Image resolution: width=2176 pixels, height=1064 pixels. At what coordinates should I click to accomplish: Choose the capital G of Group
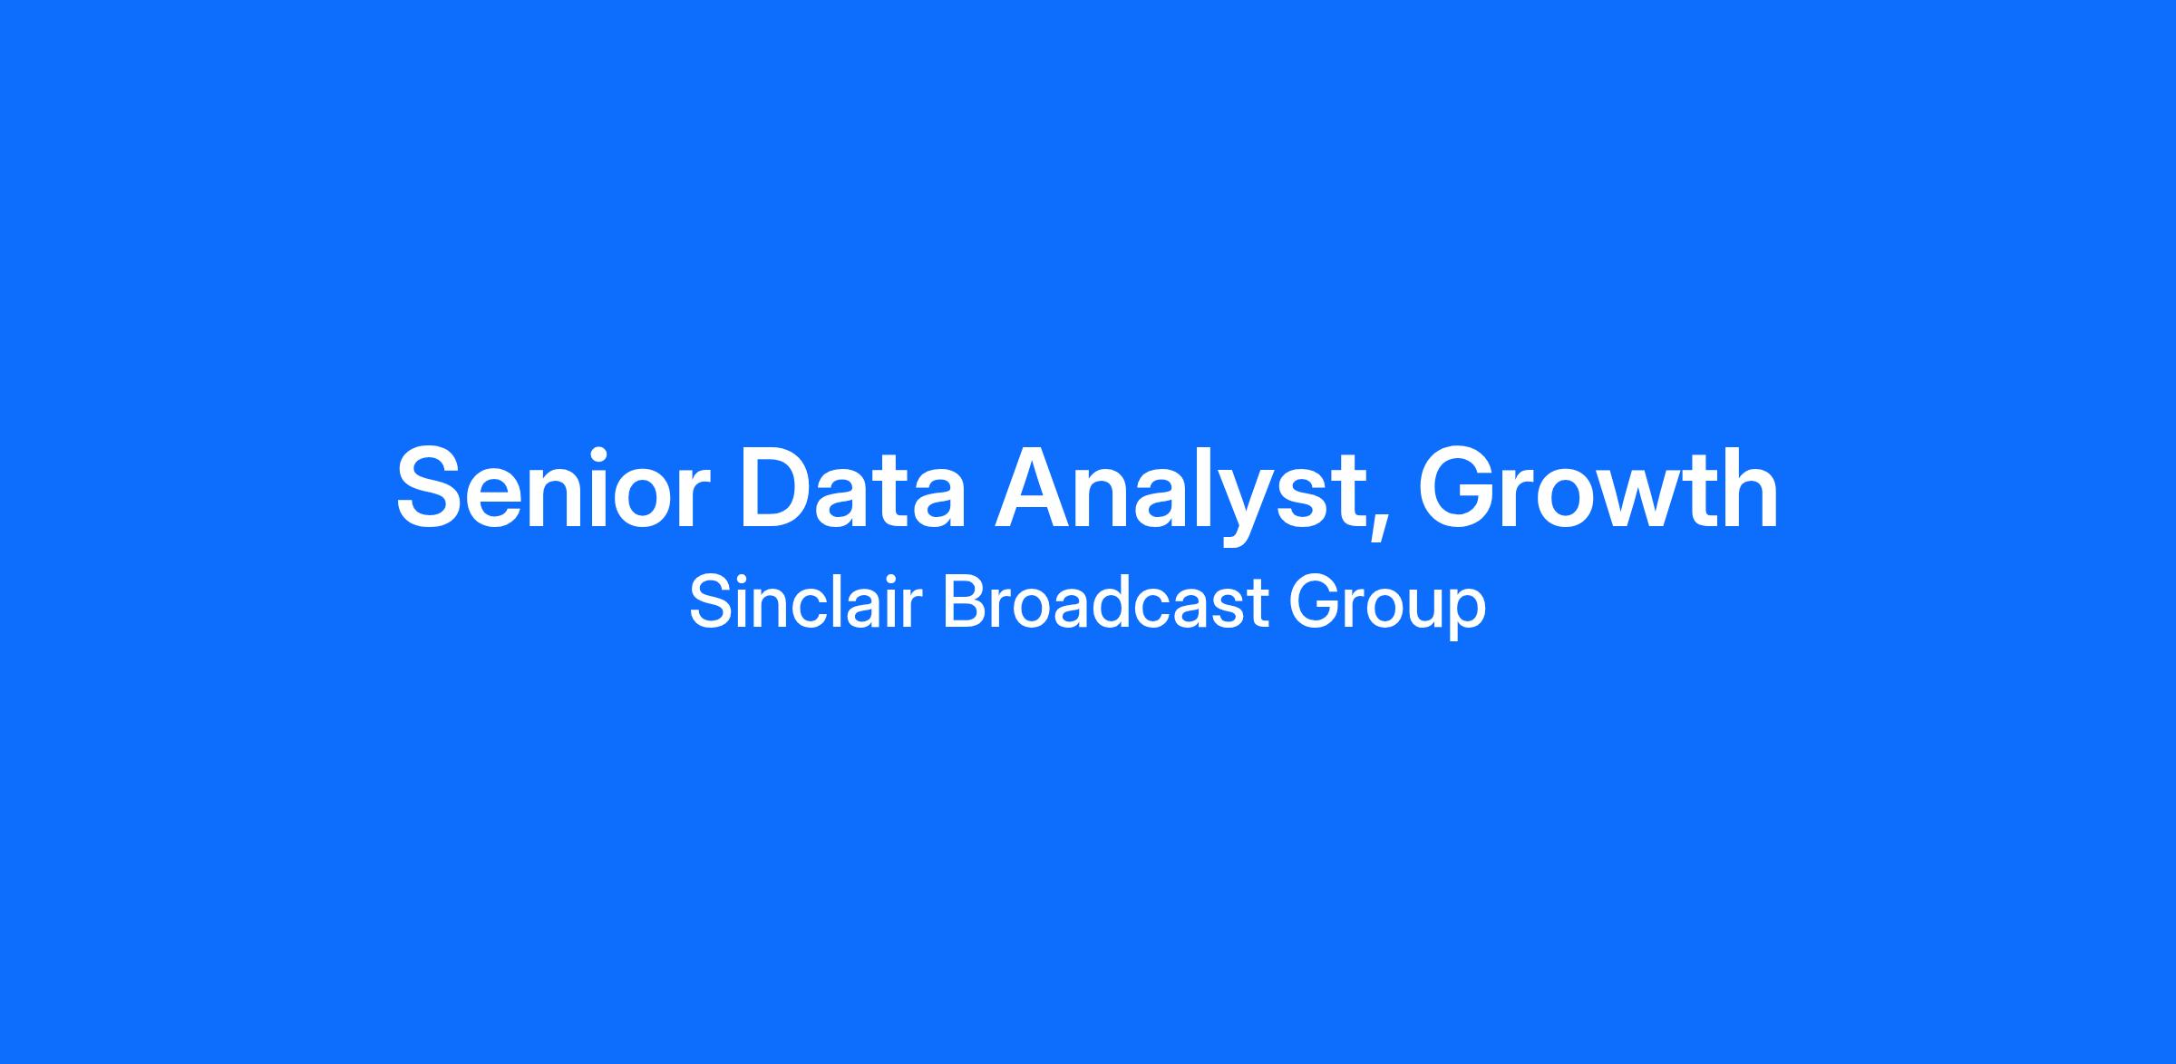(1313, 602)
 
